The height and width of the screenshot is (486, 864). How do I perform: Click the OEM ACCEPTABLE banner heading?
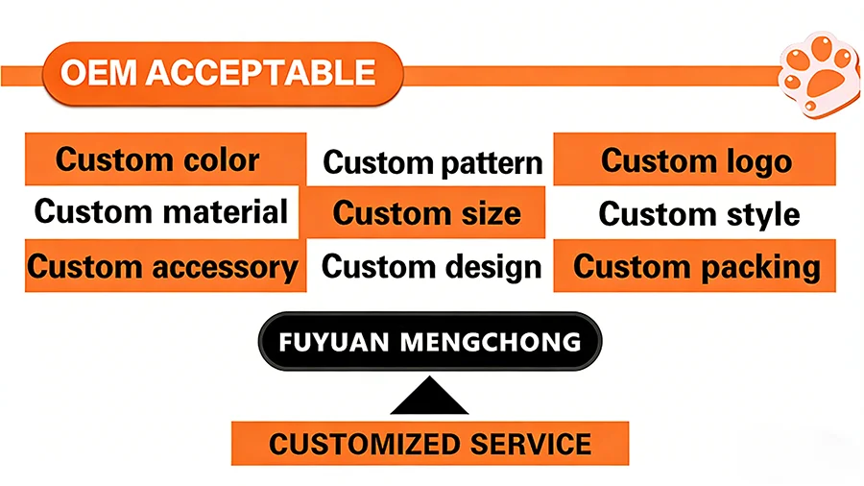point(223,73)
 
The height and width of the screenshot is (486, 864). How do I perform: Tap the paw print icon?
point(820,74)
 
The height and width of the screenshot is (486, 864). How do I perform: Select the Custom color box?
point(165,158)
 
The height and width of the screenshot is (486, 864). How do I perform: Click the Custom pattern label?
point(433,163)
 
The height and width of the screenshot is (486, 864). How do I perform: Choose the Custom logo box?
point(694,158)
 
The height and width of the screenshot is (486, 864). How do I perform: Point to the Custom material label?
point(161,211)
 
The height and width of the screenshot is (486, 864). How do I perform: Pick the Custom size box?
point(426,212)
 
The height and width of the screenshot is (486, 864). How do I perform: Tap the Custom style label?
point(699,214)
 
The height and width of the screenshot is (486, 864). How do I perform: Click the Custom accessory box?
point(165,266)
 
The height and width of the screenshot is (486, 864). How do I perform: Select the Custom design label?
point(431,267)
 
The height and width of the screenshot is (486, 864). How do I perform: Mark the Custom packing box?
point(694,266)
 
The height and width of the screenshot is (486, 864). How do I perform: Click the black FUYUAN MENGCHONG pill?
point(430,342)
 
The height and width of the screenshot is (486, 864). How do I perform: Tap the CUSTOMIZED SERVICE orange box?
point(430,444)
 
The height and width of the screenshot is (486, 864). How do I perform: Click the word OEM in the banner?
point(98,73)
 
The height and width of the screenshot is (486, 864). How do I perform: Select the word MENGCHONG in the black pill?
point(490,342)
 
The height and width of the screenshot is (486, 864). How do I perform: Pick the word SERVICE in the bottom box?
point(531,444)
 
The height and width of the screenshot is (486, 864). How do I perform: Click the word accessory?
point(225,268)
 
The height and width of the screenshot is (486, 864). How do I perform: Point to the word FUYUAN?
point(334,342)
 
